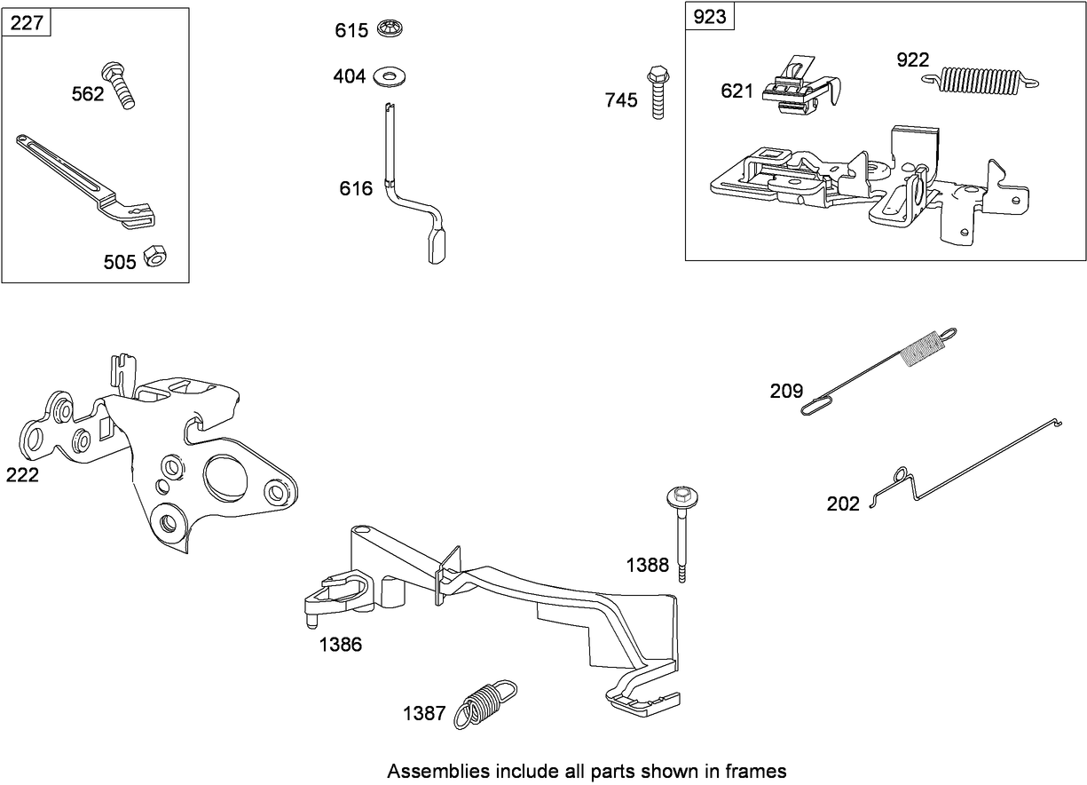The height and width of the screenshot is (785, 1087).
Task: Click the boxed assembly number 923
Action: [x=710, y=17]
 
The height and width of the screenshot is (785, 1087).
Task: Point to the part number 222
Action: [x=22, y=475]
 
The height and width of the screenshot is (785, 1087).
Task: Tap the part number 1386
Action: [x=341, y=645]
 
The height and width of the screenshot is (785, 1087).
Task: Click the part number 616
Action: [x=355, y=188]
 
